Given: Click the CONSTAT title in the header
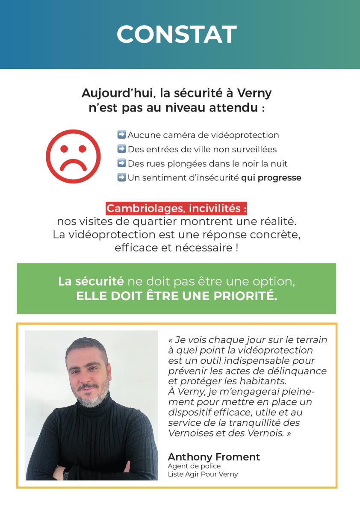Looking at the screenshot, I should tap(177, 34).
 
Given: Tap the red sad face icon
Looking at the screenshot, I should tap(73, 156).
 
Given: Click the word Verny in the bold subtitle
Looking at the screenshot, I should tap(254, 93).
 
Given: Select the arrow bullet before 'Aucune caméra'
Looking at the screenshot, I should tap(121, 135).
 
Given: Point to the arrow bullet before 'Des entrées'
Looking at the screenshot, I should tap(121, 149).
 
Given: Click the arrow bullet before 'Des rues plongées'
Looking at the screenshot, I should tap(121, 163).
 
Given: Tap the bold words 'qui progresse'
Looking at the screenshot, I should tap(271, 178).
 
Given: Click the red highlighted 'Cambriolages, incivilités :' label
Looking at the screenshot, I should tap(177, 209).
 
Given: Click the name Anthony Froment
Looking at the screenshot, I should tap(214, 457).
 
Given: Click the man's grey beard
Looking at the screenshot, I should tap(91, 398).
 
